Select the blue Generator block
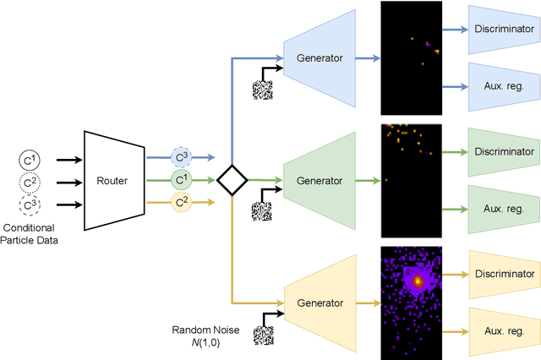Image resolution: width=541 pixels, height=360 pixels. point(320,58)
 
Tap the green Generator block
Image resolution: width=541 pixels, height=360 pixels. point(320,181)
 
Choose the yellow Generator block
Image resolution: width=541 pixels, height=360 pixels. point(320,303)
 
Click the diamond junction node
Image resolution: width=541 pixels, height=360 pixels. point(232,180)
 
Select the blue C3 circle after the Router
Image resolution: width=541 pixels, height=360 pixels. point(182,157)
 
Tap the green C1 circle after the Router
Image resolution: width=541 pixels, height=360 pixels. point(182,180)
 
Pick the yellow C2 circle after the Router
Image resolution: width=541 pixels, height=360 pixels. point(182,203)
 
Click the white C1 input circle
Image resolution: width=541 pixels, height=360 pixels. point(30,158)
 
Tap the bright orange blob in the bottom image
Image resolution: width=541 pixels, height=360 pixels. point(416,279)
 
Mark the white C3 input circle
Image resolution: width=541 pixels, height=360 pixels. point(30,204)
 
